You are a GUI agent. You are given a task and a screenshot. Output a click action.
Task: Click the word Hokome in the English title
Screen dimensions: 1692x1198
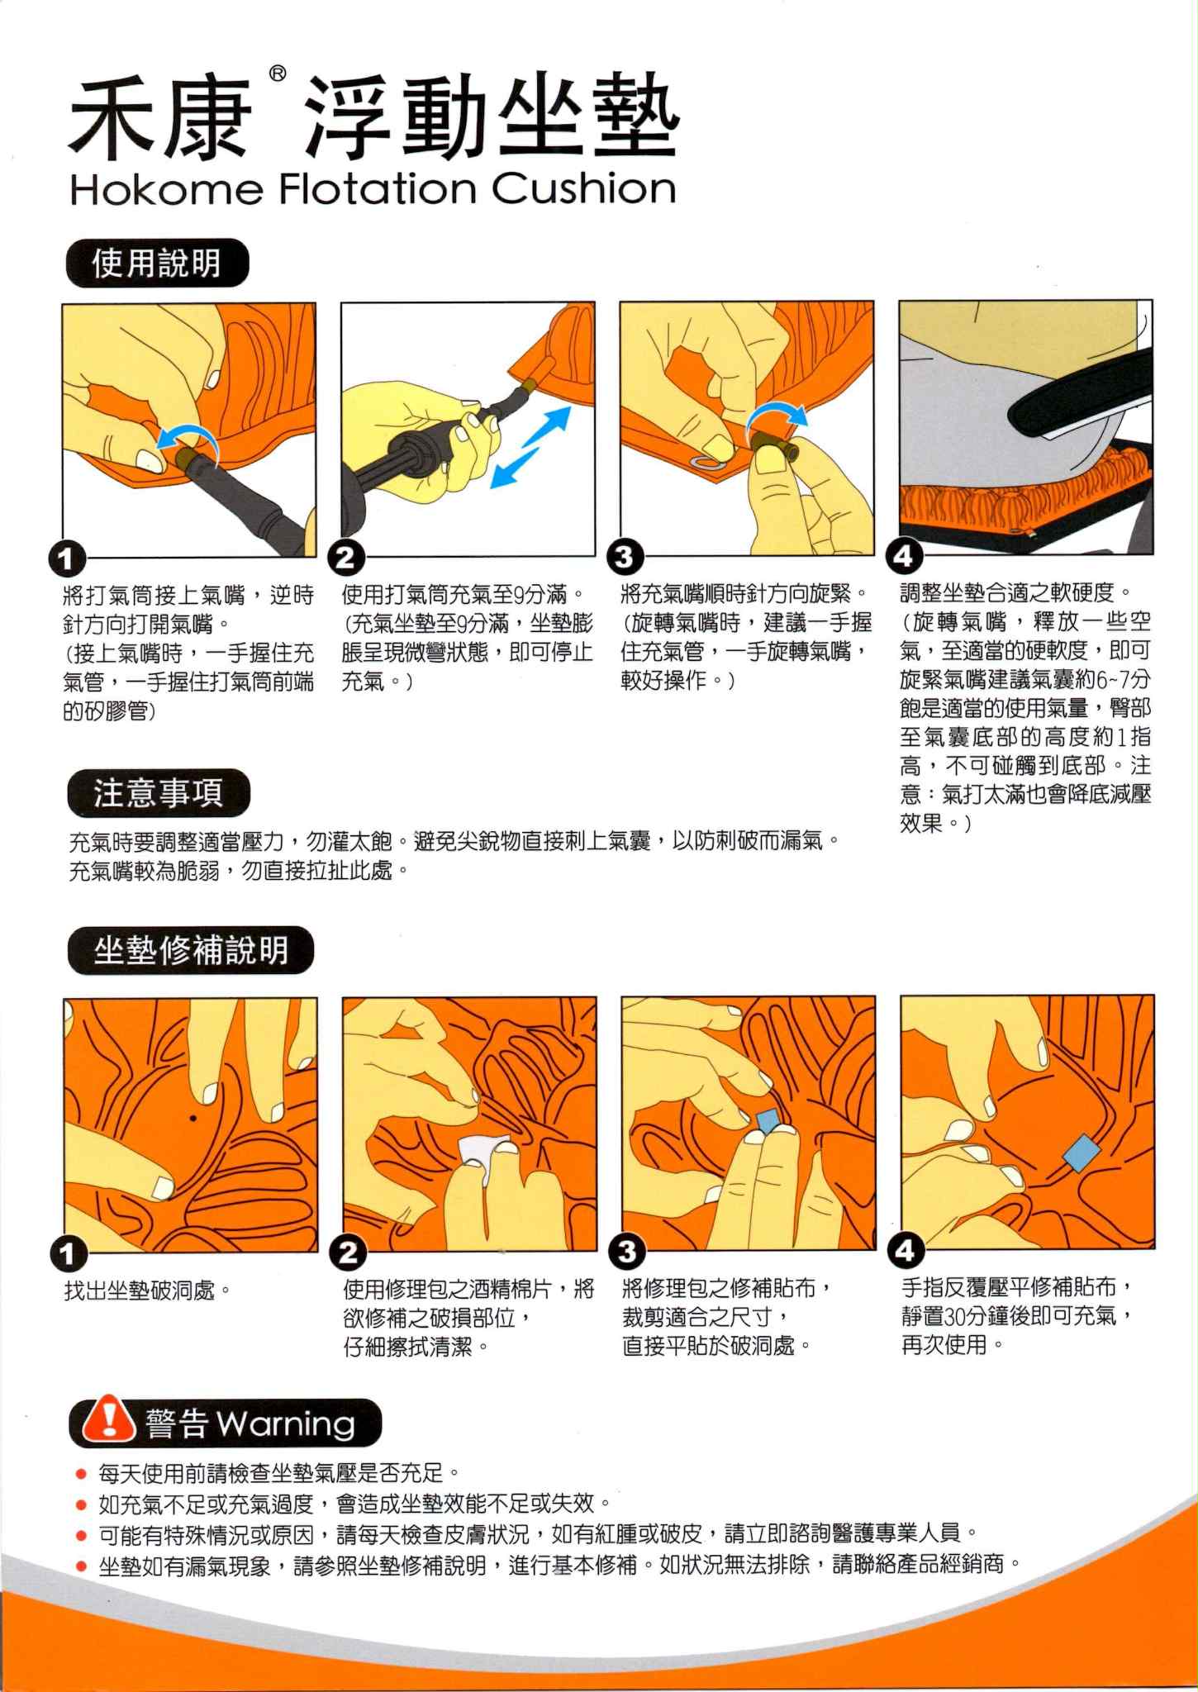[x=165, y=189]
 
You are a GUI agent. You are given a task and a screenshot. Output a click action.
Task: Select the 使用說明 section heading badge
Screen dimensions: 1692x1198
[x=156, y=264]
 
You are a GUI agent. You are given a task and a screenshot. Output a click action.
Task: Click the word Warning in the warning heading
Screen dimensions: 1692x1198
[x=286, y=1423]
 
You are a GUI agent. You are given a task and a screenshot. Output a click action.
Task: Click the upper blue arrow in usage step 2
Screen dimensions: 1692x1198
[x=548, y=427]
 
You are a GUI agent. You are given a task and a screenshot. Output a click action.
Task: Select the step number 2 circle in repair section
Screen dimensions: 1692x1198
[x=348, y=1252]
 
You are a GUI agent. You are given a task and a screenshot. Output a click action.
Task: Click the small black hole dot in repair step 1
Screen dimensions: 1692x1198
[x=193, y=1119]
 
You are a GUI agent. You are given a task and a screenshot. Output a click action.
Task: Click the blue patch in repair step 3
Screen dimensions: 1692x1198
[x=768, y=1121]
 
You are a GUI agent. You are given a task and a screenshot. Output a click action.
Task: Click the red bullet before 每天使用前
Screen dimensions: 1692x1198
[x=80, y=1473]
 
